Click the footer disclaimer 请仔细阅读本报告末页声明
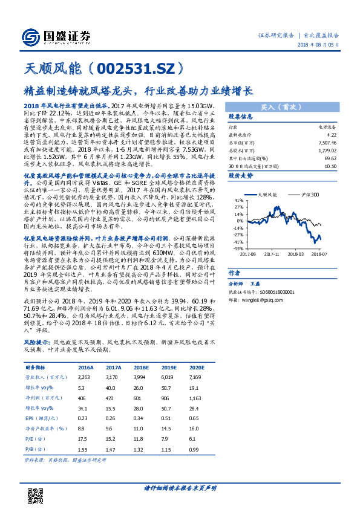(180, 487)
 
